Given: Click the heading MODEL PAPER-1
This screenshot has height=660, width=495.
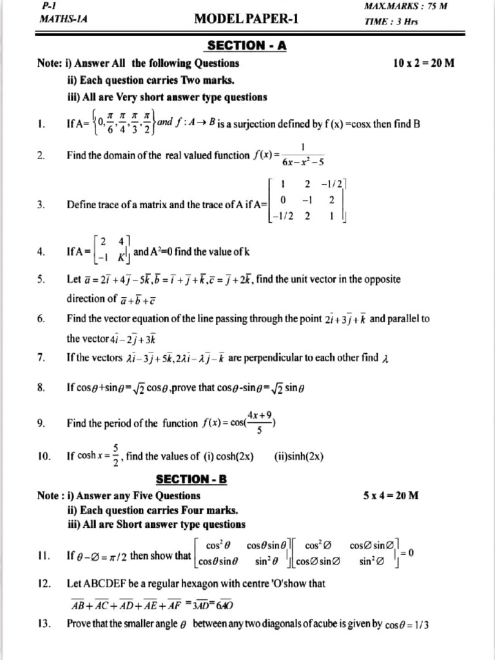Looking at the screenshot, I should point(246,19).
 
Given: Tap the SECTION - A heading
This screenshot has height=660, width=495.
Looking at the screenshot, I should point(247,45).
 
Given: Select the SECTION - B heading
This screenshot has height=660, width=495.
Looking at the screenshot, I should point(193,480).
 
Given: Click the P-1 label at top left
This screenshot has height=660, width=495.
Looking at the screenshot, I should point(49,5).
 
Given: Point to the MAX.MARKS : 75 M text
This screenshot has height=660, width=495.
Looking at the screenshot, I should point(406,6).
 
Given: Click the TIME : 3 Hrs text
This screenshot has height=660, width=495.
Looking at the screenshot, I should point(391,21).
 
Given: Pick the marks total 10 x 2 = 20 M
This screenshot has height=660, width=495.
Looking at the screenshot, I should point(423,63).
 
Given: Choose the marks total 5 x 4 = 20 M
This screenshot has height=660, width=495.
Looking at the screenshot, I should point(391,496).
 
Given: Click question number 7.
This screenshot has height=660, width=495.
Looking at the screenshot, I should point(41,358).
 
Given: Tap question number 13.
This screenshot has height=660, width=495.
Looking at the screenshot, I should point(44,624).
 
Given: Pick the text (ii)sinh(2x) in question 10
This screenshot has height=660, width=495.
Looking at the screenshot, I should point(299,456).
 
